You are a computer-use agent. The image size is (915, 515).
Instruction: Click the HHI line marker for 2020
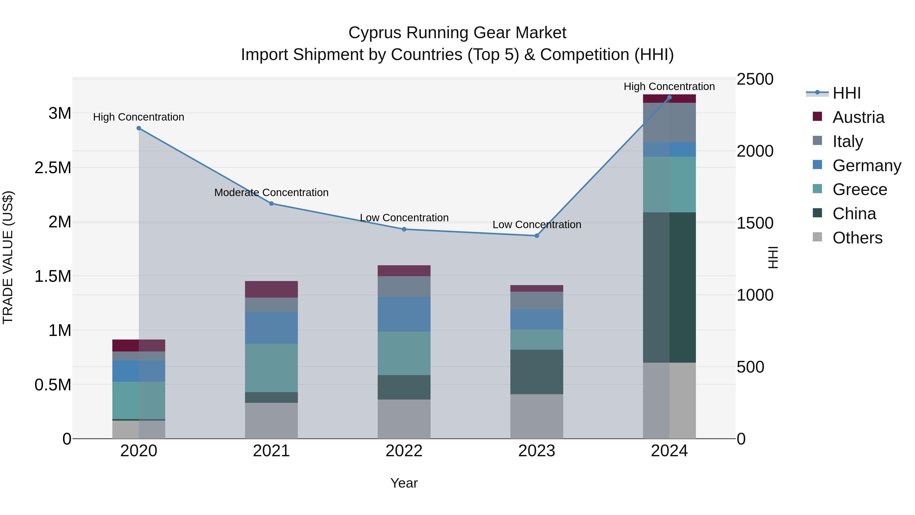139,128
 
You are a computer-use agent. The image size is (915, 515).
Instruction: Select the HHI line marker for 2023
537,236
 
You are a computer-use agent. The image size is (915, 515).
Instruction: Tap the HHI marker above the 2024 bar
669,97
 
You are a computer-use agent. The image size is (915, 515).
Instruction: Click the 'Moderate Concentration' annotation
271,192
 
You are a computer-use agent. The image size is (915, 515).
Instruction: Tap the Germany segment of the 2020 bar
139,371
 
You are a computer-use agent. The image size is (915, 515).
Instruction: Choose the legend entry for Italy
847,141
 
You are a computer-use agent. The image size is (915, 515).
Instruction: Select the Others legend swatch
817,237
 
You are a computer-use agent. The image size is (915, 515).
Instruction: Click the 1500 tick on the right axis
755,223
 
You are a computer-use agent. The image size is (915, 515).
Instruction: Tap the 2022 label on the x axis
404,451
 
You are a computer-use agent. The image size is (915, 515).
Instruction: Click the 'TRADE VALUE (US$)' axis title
8,257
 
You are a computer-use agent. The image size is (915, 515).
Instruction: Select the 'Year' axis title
404,483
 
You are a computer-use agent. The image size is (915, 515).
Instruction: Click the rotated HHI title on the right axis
773,257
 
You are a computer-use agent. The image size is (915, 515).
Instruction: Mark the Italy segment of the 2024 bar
669,123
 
